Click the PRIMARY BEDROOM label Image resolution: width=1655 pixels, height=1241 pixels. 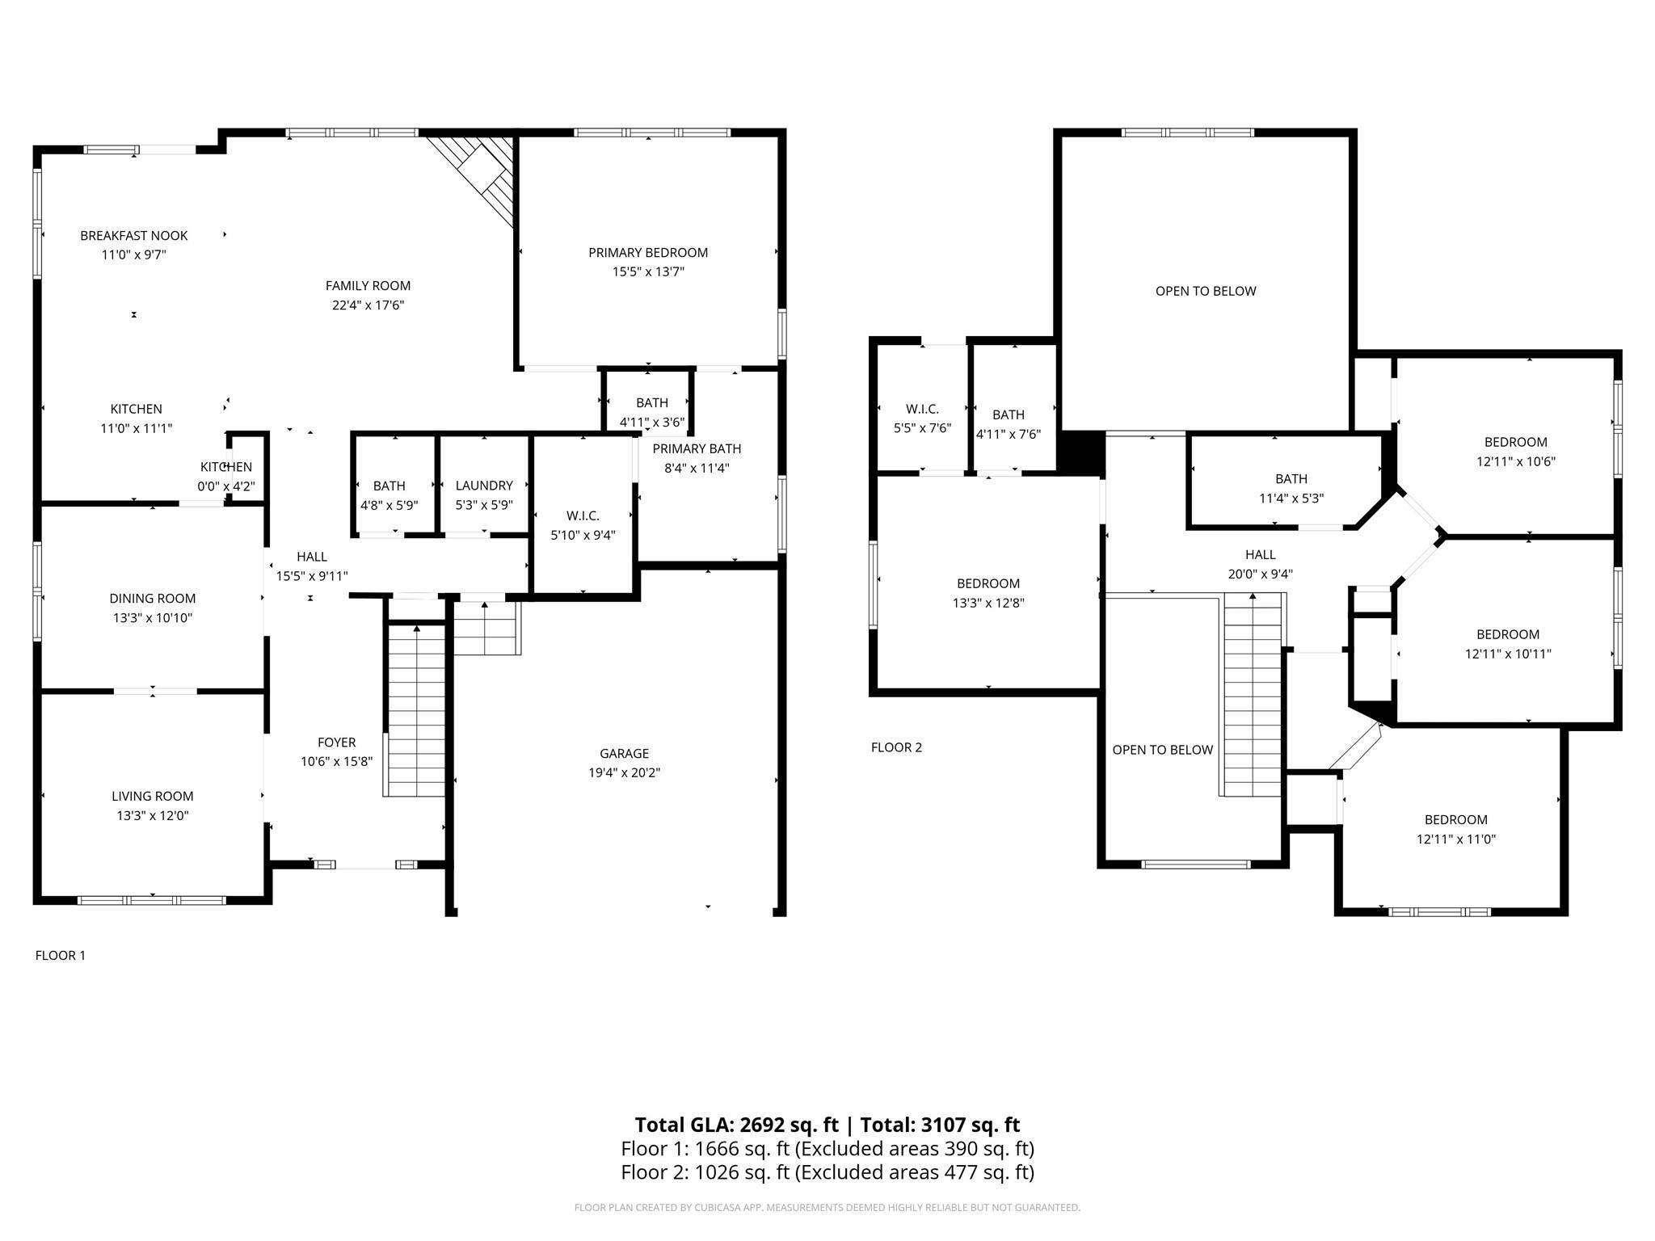coord(648,253)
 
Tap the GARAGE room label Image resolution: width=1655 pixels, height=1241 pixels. coord(624,754)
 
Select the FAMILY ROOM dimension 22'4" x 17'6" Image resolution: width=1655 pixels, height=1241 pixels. coord(368,305)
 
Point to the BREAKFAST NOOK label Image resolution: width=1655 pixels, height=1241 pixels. coord(133,236)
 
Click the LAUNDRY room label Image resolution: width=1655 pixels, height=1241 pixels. coord(484,486)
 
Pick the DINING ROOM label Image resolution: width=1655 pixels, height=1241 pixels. coord(153,599)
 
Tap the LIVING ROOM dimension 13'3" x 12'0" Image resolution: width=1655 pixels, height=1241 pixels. coord(153,816)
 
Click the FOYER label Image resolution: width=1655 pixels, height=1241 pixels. coord(336,742)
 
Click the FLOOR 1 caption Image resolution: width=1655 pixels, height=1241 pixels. coord(61,956)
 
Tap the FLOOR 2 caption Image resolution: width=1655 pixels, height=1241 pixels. coord(896,747)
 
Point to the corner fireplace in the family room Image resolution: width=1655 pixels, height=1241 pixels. coord(477,178)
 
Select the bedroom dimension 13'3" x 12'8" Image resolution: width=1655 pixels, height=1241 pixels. coord(988,603)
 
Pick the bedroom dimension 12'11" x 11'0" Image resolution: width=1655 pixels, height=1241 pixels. coord(1456,839)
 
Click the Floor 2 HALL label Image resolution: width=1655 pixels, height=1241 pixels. coord(1261,555)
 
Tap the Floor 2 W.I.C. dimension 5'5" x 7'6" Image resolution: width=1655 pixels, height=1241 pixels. coord(922,428)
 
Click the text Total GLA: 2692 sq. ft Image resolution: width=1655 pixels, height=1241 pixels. coord(736,1125)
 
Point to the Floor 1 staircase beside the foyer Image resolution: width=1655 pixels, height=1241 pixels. coord(416,710)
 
